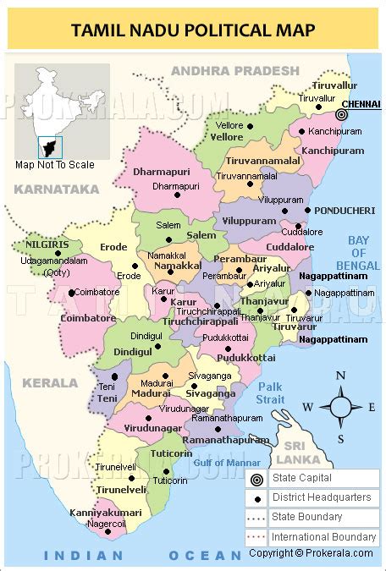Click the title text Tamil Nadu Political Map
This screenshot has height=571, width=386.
click(x=193, y=31)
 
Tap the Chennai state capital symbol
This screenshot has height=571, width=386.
click(x=342, y=114)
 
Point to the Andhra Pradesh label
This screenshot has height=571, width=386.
click(x=235, y=70)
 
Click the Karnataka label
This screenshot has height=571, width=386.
click(x=57, y=189)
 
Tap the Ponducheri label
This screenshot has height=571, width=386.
click(x=344, y=210)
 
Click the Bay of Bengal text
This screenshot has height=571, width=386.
click(x=363, y=253)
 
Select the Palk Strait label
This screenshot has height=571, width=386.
click(x=271, y=393)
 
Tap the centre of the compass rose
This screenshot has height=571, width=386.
click(x=340, y=407)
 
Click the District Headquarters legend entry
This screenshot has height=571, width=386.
click(x=321, y=497)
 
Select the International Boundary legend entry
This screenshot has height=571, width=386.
click(x=323, y=536)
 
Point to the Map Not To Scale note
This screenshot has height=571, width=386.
click(x=55, y=165)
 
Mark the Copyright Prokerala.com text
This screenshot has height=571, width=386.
click(x=312, y=553)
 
